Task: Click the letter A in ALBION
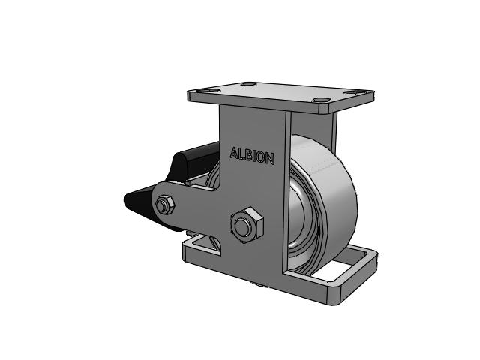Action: click(235, 153)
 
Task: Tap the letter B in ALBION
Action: click(248, 155)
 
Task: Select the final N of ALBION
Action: click(270, 159)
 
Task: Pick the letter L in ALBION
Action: click(241, 154)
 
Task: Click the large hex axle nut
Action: click(247, 225)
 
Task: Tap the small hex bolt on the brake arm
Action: click(165, 205)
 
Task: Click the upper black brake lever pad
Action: click(193, 162)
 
